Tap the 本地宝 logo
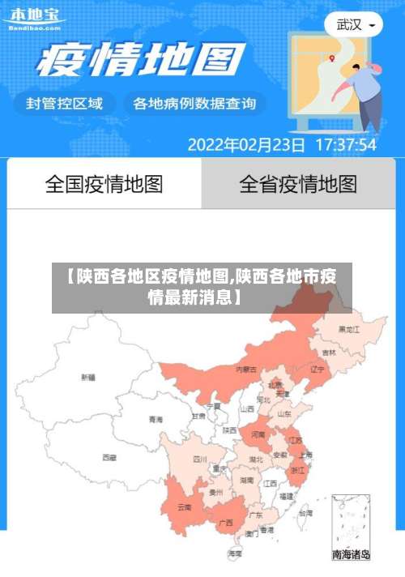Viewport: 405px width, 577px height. [34, 19]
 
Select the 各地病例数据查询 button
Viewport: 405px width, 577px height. [194, 104]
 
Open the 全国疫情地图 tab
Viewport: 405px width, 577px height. [104, 184]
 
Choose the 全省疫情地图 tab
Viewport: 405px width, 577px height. [298, 184]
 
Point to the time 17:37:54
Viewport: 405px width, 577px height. [345, 146]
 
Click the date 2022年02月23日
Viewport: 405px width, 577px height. [246, 146]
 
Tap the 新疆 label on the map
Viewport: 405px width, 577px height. [87, 377]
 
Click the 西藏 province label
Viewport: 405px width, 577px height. [109, 457]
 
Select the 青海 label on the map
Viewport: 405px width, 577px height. [156, 419]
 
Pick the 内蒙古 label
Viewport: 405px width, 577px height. [245, 369]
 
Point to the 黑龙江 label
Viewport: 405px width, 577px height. [350, 329]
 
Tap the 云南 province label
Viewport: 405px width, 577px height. [185, 507]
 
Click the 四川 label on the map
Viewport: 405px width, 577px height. [200, 459]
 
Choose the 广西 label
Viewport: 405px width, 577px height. [226, 522]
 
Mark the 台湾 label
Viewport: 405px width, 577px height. [305, 513]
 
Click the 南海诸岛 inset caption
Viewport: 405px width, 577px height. [351, 555]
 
